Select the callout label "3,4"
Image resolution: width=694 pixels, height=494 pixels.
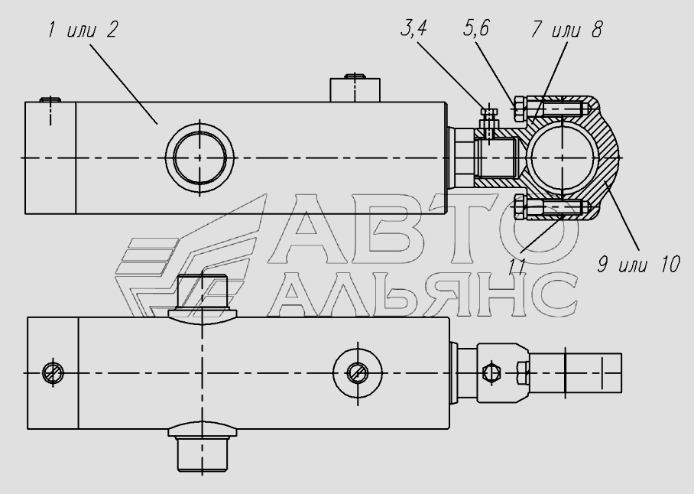(413, 28)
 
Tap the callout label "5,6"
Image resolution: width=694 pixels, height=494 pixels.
(476, 28)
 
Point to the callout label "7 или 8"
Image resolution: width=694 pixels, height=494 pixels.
(566, 29)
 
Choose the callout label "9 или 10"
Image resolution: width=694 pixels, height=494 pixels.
(639, 265)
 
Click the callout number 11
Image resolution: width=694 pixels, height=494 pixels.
(517, 267)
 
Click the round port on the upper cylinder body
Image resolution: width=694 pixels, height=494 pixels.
(199, 157)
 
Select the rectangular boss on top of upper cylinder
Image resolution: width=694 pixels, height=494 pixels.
(355, 90)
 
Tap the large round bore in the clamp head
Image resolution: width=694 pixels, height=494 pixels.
(562, 158)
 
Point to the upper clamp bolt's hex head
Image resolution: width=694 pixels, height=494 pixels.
(519, 109)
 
